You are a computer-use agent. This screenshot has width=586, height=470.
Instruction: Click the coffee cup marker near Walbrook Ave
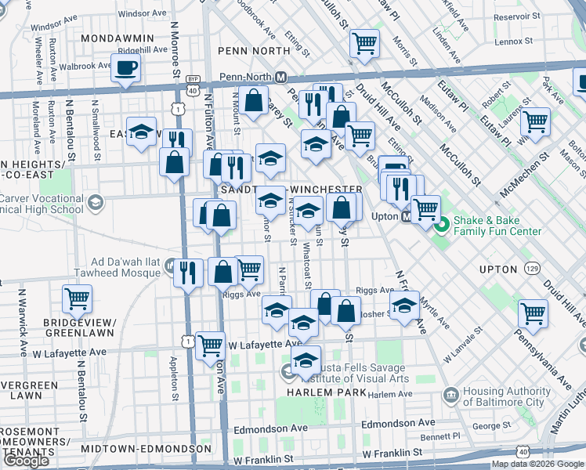[126, 67]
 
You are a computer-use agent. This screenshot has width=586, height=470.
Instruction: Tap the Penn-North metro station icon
[280, 77]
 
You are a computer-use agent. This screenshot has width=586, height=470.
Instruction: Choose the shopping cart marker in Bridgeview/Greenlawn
[77, 298]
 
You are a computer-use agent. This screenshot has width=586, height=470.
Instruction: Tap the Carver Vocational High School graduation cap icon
[95, 204]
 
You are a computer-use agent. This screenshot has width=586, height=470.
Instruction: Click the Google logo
[26, 461]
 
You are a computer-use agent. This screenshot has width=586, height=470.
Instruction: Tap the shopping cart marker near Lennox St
[364, 42]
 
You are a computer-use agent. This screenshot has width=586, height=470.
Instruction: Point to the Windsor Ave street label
[143, 14]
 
